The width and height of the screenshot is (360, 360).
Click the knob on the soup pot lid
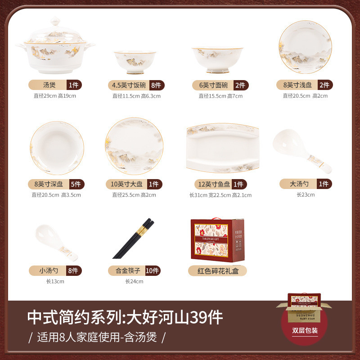[55, 21]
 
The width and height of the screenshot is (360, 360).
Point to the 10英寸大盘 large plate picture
[134, 146]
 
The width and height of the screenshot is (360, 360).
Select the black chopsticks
[134, 238]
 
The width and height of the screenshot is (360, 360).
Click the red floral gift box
[216, 238]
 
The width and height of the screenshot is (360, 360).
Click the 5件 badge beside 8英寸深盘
[76, 184]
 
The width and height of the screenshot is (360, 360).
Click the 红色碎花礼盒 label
[217, 270]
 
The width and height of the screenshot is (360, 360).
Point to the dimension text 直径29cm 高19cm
[55, 95]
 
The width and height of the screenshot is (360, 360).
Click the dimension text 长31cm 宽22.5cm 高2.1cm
[220, 195]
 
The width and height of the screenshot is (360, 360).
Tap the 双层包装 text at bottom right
[305, 331]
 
